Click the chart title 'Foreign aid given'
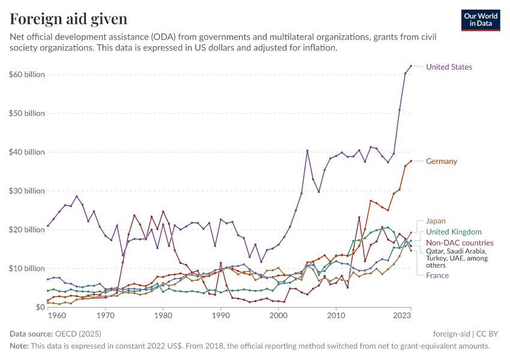click(68, 19)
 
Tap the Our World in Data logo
click(481, 20)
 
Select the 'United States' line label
click(449, 67)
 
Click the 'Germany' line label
click(442, 161)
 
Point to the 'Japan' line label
click(436, 221)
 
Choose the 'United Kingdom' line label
click(454, 232)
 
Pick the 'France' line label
click(437, 275)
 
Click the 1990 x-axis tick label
click(221, 315)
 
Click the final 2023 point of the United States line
click(411, 66)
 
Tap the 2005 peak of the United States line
click(307, 151)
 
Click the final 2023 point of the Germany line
click(411, 161)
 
